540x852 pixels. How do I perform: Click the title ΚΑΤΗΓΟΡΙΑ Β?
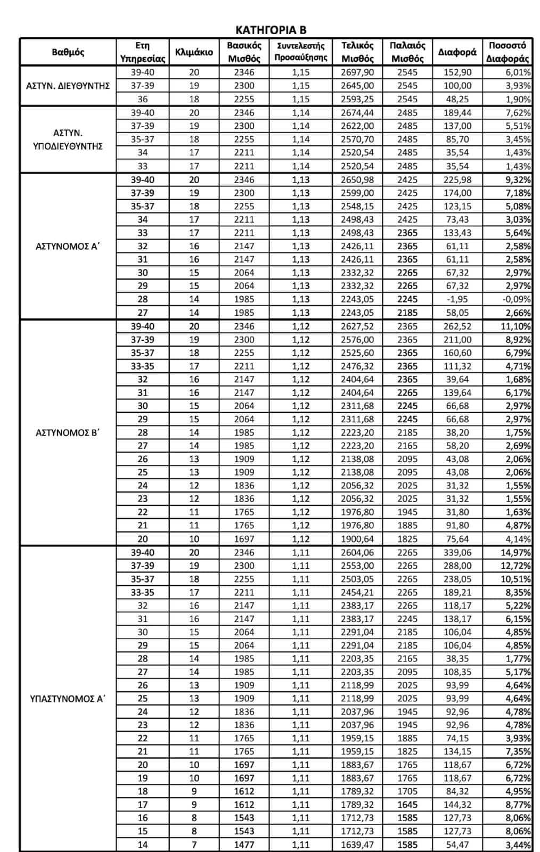coord(271,29)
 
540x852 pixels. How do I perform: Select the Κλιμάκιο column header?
coord(194,52)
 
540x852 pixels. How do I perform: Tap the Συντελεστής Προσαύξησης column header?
coord(300,52)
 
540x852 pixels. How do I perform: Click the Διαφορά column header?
coord(457,52)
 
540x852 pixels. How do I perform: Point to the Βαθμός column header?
coord(68,52)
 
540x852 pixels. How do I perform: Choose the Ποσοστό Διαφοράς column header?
coord(507,52)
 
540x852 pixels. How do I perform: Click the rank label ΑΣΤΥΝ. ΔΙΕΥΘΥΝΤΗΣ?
coord(68,86)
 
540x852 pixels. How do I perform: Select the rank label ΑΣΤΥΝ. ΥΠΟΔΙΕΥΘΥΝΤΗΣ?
coord(68,140)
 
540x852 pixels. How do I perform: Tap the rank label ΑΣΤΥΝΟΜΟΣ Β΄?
coord(68,432)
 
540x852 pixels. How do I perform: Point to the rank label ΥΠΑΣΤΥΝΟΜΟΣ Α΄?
coord(68,698)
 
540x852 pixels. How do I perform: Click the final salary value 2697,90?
coord(357,72)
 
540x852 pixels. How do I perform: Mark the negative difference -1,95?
coord(457,299)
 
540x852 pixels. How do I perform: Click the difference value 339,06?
coord(457,552)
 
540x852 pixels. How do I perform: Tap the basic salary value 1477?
coord(244,844)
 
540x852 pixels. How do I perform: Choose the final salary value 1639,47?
coord(357,844)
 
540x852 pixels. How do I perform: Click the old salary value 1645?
coord(407,805)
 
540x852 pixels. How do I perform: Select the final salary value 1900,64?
coord(357,539)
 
